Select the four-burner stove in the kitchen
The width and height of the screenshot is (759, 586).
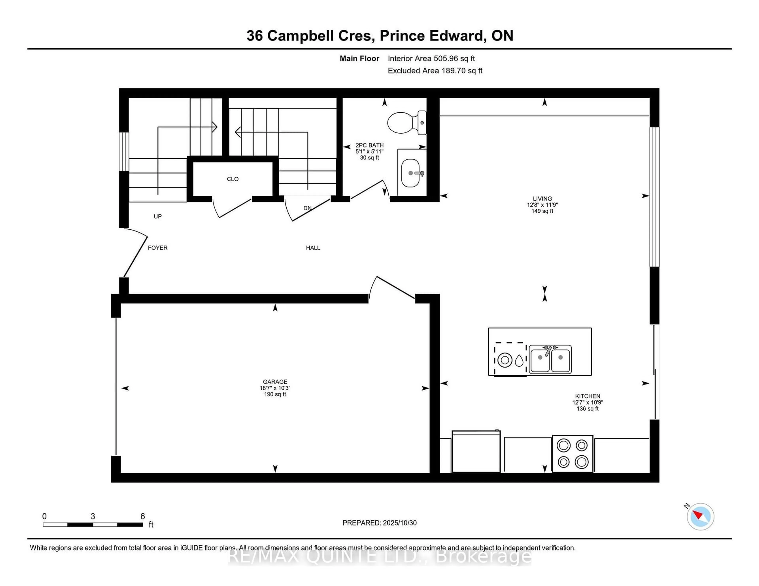pos(572,453)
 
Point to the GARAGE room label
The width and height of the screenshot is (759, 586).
pos(275,381)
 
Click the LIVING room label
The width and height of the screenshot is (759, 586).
pos(542,199)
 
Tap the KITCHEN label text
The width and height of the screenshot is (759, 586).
pos(587,396)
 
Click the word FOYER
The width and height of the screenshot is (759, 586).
pos(157,248)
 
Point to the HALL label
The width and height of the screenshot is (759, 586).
pos(313,248)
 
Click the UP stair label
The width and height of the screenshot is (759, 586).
pos(157,216)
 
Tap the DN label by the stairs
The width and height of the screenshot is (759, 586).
pos(307,208)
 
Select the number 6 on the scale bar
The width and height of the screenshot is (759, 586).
pos(143,516)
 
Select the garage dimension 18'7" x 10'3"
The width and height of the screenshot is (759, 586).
pos(275,388)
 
